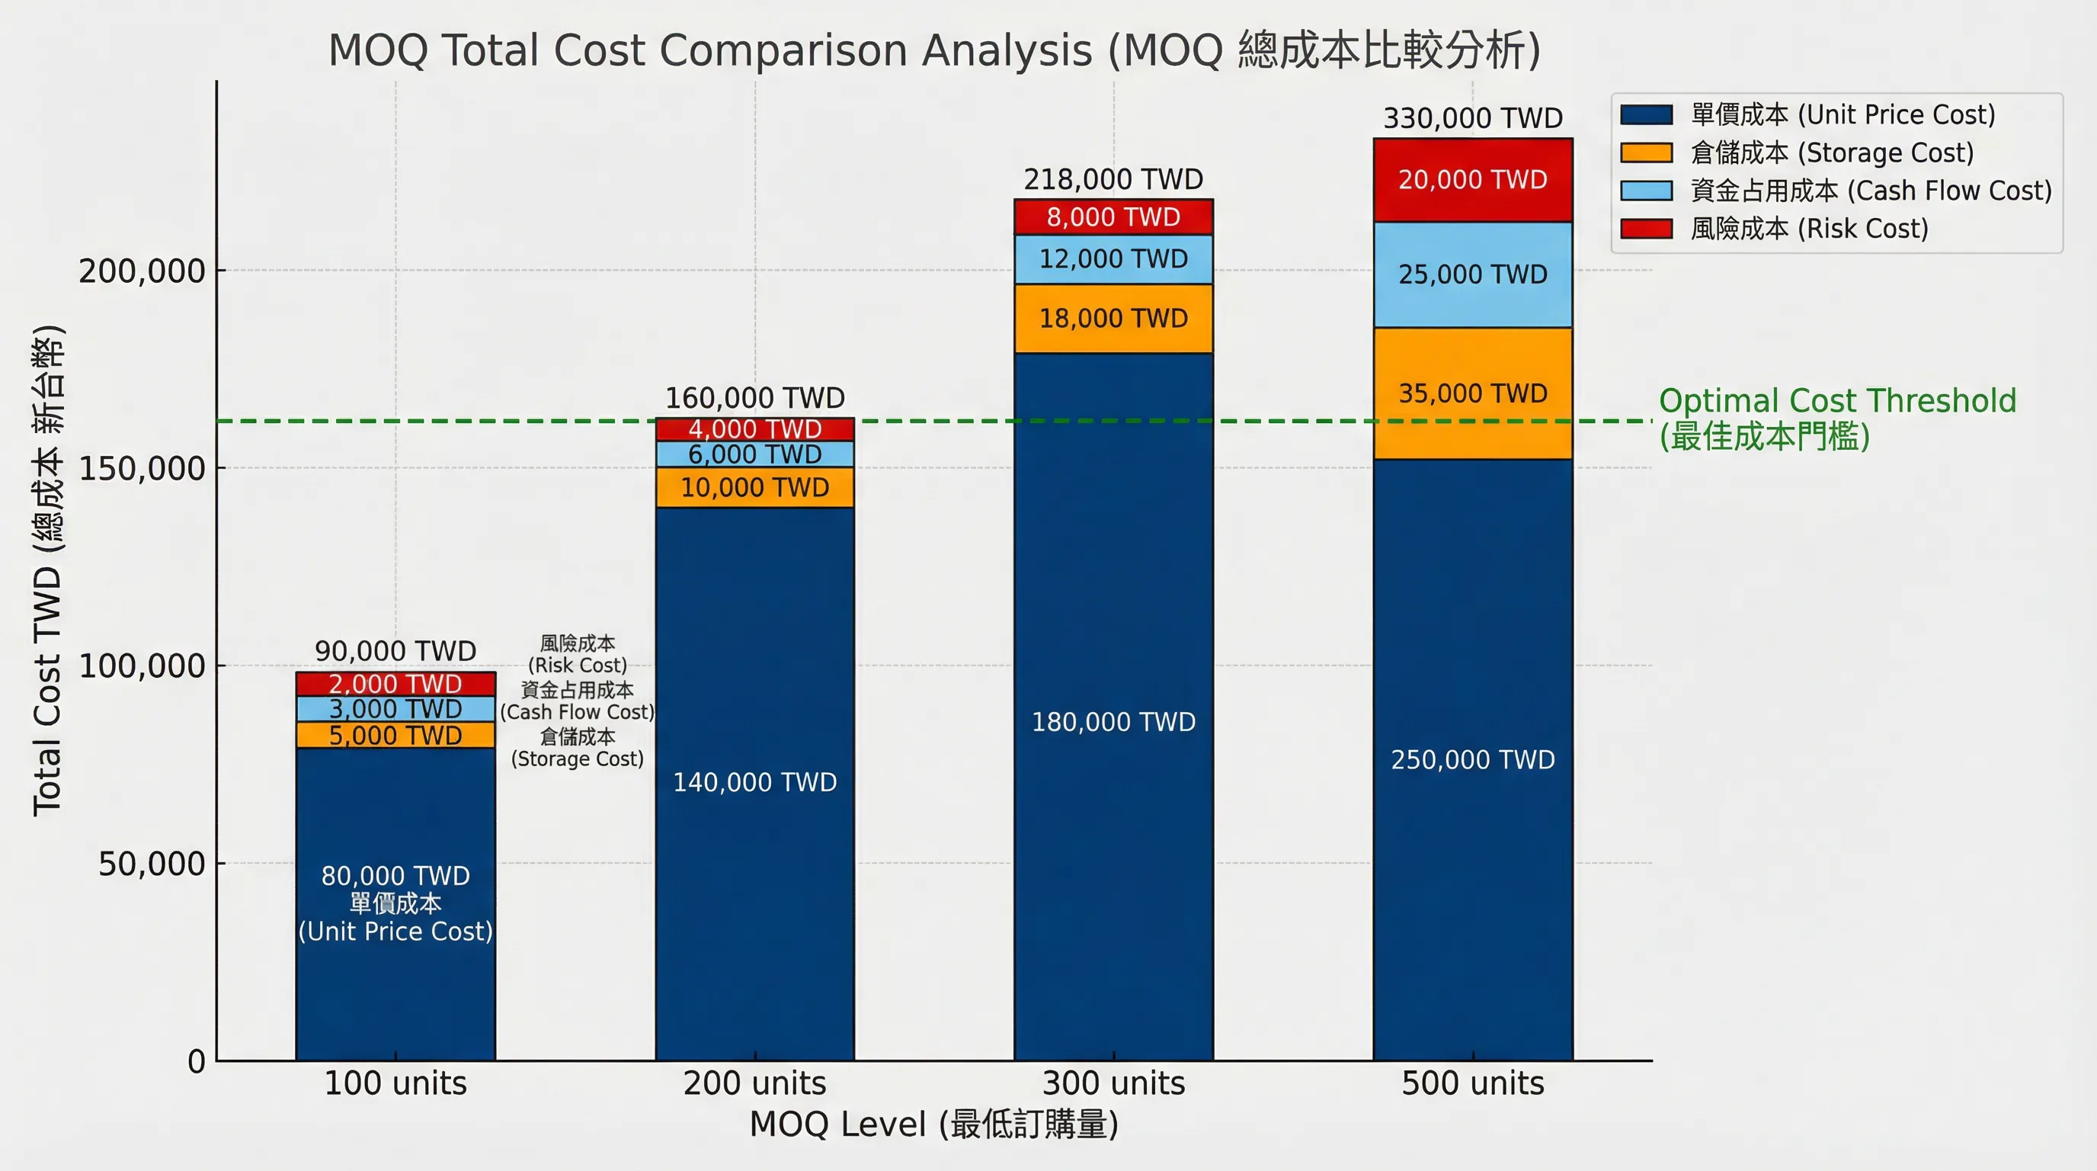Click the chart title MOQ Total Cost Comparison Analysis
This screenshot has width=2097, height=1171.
(x=933, y=50)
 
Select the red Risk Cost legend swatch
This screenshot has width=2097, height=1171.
(x=1645, y=229)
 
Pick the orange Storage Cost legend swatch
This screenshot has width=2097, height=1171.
(x=1645, y=153)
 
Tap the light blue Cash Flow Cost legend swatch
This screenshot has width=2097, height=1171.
(x=1645, y=191)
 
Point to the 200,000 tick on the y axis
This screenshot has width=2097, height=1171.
(x=142, y=271)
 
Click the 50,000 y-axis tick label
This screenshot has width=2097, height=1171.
(x=152, y=864)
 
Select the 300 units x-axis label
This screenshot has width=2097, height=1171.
(x=1113, y=1084)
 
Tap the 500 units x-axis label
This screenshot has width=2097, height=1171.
(x=1472, y=1084)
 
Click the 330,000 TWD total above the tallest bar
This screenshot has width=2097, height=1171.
(x=1472, y=119)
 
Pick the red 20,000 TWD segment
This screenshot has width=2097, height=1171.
(x=1472, y=180)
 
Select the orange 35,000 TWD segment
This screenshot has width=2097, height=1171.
(x=1472, y=393)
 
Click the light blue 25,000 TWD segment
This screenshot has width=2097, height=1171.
(x=1472, y=274)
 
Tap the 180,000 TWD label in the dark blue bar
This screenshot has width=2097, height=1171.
(x=1113, y=722)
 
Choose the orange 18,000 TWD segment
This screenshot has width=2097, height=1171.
(x=1113, y=319)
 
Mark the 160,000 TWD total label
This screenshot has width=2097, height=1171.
(x=754, y=398)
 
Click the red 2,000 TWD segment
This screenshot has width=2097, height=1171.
(x=395, y=684)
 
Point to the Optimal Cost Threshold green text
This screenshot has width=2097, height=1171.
(x=1836, y=402)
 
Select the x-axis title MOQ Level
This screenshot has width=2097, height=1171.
(x=933, y=1124)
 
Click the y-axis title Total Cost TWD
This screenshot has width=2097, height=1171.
(x=47, y=570)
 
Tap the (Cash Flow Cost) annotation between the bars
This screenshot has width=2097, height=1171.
(x=576, y=713)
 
